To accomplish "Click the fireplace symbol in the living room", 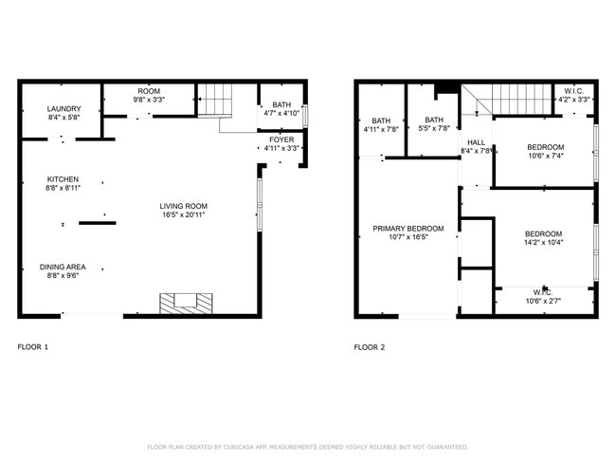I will pyautogui.click(x=185, y=303).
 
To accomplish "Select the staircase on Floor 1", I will pyautogui.click(x=215, y=99).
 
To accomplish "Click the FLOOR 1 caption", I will pyautogui.click(x=33, y=347).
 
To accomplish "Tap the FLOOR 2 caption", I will pyautogui.click(x=370, y=347).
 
